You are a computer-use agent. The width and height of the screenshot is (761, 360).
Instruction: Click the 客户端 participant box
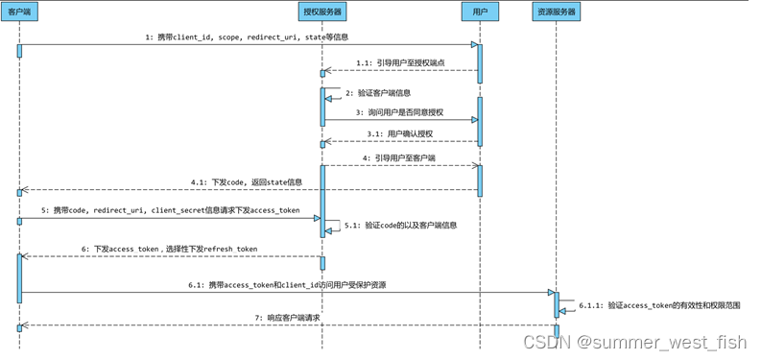click(x=19, y=12)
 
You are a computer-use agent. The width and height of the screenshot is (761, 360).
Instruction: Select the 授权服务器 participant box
click(x=321, y=12)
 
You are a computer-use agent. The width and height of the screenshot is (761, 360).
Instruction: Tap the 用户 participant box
click(x=480, y=12)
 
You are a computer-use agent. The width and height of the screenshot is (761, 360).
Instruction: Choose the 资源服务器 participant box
click(x=557, y=12)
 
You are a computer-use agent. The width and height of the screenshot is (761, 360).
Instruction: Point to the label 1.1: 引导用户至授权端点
click(x=400, y=62)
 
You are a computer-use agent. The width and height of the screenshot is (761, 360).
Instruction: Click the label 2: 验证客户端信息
click(x=378, y=93)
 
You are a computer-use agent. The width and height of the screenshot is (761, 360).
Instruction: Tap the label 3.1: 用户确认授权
click(x=400, y=133)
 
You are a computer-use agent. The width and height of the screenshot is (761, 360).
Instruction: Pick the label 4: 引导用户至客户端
click(x=399, y=157)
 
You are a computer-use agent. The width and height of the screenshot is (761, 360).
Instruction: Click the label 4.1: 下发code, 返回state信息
click(x=247, y=182)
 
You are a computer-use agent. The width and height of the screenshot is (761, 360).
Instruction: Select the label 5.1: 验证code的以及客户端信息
click(x=401, y=226)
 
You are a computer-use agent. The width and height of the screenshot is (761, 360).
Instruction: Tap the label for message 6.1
click(x=287, y=285)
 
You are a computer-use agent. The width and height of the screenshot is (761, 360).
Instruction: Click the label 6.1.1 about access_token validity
click(x=659, y=305)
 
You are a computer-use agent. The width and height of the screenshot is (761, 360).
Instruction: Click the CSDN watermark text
click(x=634, y=342)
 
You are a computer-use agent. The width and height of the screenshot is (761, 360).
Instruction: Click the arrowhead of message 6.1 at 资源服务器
click(x=552, y=292)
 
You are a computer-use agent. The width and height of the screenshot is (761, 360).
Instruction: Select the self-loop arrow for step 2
click(x=334, y=93)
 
